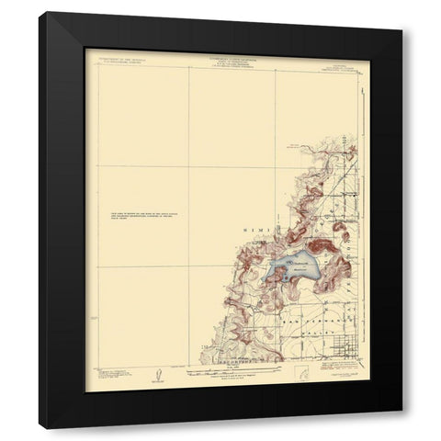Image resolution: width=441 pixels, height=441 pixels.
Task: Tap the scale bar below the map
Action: (x=224, y=373)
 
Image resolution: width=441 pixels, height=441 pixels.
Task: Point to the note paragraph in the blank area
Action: (x=135, y=217)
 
